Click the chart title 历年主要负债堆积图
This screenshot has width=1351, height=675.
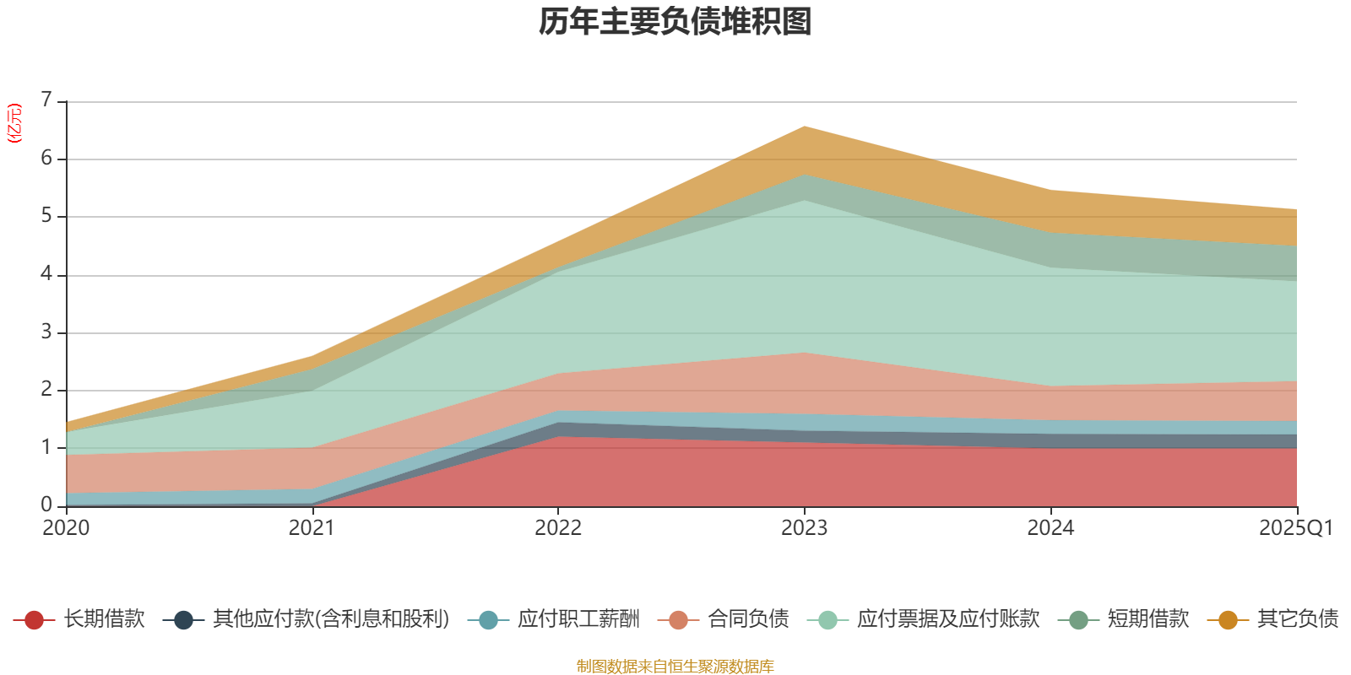[675, 22]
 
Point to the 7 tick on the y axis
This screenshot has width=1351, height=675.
[47, 100]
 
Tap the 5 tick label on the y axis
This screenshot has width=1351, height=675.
[47, 216]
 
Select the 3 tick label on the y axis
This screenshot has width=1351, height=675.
[47, 332]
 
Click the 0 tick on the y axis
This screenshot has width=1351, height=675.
[47, 505]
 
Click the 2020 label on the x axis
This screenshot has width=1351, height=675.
[66, 528]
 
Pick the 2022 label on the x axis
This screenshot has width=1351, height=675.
[558, 528]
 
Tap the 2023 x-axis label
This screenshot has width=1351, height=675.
[804, 528]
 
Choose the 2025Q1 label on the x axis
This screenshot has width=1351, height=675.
[1295, 528]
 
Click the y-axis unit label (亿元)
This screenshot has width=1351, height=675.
[14, 123]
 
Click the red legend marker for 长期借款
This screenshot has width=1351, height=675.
[34, 620]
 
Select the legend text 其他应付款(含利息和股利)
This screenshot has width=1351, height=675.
[330, 619]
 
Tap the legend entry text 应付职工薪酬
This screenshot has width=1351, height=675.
[578, 619]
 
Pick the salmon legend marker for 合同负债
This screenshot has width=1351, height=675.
[679, 620]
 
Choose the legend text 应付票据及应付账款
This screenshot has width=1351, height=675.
[947, 619]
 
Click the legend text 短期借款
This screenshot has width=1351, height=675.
[1148, 619]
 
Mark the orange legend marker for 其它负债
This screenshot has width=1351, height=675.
[1228, 620]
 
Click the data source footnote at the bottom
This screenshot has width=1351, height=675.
[675, 667]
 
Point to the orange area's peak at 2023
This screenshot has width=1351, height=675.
[804, 127]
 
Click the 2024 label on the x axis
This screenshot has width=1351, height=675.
[1050, 528]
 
